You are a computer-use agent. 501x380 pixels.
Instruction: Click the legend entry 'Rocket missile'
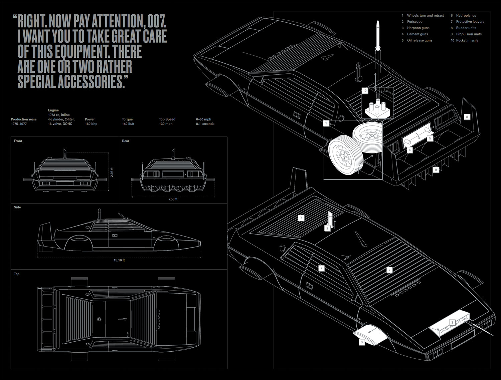click(x=467, y=40)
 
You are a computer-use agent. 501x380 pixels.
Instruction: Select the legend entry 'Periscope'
click(x=414, y=22)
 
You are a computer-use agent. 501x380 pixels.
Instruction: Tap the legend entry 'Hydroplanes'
click(x=466, y=15)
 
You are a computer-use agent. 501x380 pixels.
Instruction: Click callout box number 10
click(x=365, y=91)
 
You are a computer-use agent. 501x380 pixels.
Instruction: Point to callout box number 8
click(x=467, y=117)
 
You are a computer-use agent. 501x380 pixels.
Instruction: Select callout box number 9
click(x=436, y=170)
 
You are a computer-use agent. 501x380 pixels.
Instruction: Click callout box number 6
click(x=361, y=342)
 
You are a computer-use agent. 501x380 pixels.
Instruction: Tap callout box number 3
click(x=452, y=322)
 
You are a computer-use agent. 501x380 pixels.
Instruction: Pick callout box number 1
click(x=326, y=123)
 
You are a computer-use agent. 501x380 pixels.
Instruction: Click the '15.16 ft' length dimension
click(x=119, y=260)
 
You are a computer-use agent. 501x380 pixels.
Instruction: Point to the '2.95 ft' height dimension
click(x=112, y=172)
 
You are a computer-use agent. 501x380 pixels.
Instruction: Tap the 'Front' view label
click(x=18, y=141)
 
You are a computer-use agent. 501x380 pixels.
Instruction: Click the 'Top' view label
click(x=17, y=274)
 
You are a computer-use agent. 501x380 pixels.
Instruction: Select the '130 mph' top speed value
click(x=166, y=124)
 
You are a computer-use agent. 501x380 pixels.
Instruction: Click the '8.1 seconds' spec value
click(x=205, y=124)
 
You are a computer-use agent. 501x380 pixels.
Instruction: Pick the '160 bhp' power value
click(x=91, y=124)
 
